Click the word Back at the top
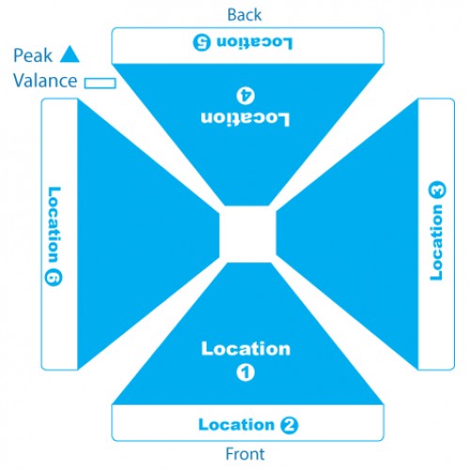(x=244, y=15)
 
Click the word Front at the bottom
(x=245, y=454)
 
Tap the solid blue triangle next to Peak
(x=70, y=55)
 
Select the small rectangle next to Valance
(x=101, y=83)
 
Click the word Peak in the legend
(x=33, y=55)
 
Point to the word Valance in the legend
(x=45, y=81)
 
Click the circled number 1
(x=245, y=372)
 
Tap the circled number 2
(x=289, y=425)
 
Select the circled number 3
(x=436, y=190)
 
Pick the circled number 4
(x=245, y=96)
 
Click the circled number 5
(x=202, y=42)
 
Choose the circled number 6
(x=54, y=277)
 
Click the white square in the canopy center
(x=247, y=234)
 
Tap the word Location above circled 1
(x=245, y=349)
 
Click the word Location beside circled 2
(x=237, y=425)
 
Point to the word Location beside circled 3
(x=436, y=243)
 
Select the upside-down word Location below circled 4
(x=245, y=118)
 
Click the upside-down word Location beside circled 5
(x=255, y=42)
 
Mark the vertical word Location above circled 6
(x=54, y=225)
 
